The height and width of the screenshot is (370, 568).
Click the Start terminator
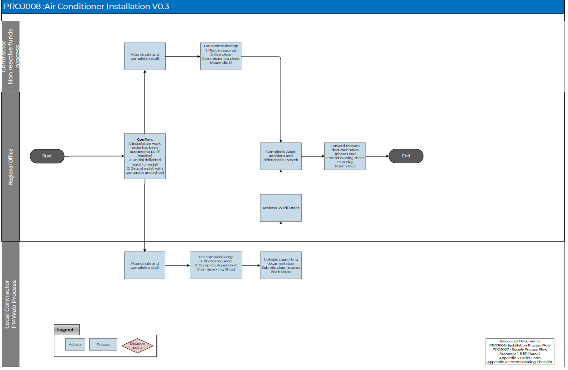(47, 156)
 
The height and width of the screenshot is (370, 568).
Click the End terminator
(406, 156)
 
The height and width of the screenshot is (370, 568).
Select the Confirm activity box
(145, 156)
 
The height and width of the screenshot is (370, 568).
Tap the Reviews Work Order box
(281, 208)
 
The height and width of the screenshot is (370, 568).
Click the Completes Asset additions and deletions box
(281, 156)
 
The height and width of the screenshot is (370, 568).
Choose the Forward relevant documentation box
(345, 156)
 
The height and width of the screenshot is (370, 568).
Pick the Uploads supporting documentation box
(281, 265)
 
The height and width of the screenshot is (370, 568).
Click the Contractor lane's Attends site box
(145, 56)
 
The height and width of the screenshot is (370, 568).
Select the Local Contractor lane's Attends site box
(145, 265)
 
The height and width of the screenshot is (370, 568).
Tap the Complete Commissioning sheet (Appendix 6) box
(221, 56)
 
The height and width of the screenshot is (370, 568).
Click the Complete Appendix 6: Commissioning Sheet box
(216, 265)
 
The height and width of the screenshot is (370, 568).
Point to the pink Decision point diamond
(138, 346)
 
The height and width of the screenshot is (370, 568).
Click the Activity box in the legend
(75, 344)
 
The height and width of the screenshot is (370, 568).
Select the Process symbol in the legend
(103, 344)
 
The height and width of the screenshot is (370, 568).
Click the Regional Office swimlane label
(11, 166)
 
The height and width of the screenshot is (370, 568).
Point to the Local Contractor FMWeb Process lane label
(11, 304)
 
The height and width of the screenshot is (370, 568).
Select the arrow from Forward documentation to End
(377, 156)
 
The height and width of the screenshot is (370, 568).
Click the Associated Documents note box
(520, 351)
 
